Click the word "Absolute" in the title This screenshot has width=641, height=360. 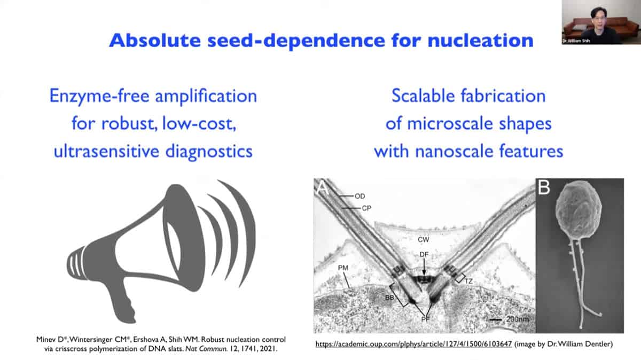(155, 41)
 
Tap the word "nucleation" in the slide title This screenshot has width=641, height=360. (481, 41)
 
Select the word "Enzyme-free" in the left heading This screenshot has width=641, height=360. (99, 96)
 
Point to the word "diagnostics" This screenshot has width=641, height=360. (209, 151)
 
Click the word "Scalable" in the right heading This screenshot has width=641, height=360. (423, 96)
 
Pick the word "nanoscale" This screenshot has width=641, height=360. (454, 151)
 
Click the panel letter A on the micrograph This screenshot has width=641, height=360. (323, 187)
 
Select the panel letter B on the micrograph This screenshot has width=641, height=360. (544, 187)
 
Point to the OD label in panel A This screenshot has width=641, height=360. (359, 197)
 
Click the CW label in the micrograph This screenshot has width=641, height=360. (424, 239)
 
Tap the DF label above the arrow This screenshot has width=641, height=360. (424, 254)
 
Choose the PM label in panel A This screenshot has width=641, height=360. (343, 268)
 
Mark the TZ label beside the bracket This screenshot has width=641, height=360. (468, 281)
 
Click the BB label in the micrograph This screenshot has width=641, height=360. (389, 298)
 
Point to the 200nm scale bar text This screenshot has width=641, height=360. (518, 319)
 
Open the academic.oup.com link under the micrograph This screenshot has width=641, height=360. (413, 344)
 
